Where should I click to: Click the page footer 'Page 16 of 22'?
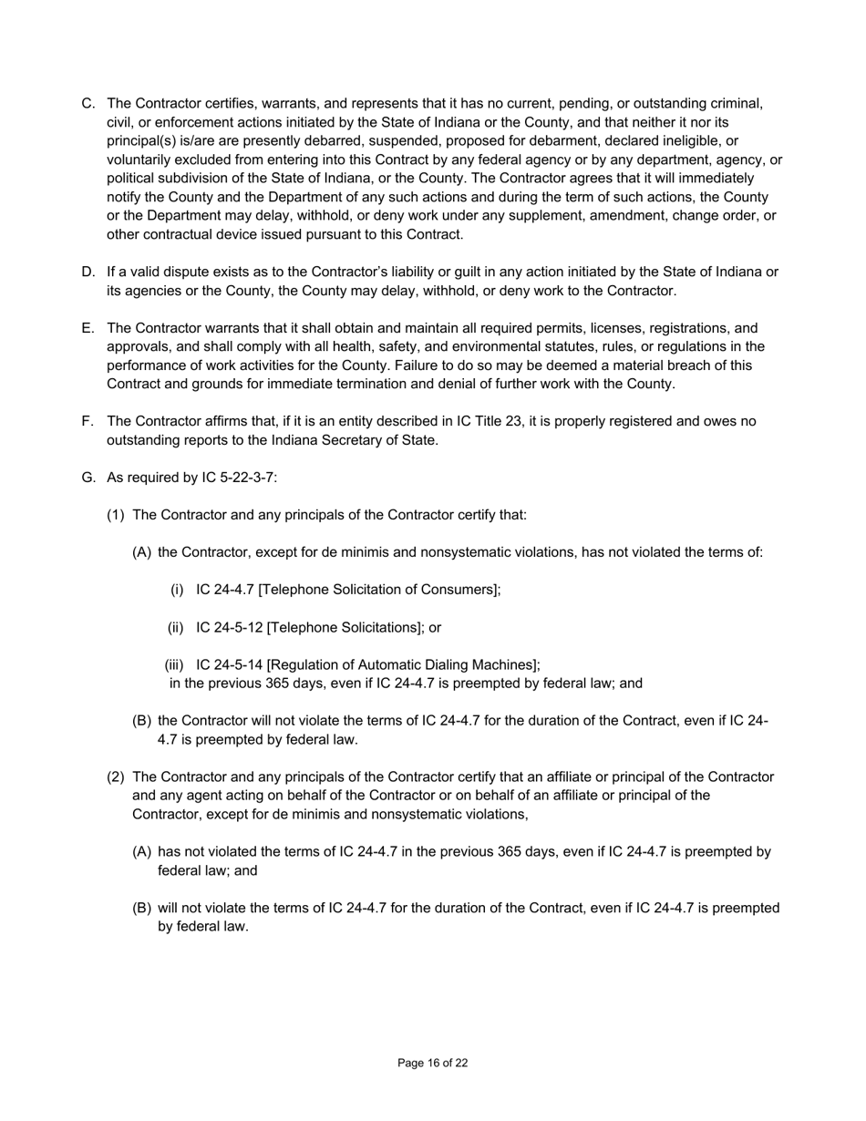tap(433, 1063)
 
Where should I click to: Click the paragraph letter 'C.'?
tap(88, 104)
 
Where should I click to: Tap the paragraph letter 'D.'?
tap(88, 272)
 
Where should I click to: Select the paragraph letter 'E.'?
tap(88, 328)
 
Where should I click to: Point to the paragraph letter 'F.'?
tap(88, 421)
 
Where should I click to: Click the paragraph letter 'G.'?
tap(88, 478)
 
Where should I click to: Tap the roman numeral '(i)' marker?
tap(177, 590)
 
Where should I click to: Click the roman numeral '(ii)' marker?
tap(176, 628)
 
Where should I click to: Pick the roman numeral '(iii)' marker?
tap(175, 665)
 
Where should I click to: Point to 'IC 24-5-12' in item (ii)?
tap(229, 628)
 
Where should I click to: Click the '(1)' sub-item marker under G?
tap(116, 515)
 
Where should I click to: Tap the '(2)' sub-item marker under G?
tap(116, 777)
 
